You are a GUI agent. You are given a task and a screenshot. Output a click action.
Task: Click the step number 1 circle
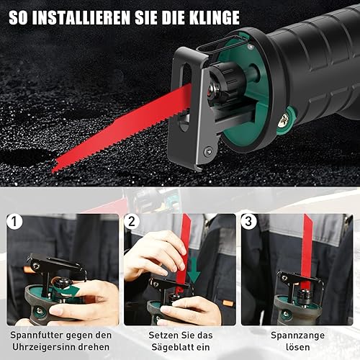coord(14,221)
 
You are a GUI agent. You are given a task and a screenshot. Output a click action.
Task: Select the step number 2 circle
coord(132,221)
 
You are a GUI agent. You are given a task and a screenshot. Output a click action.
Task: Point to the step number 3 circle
coord(249,221)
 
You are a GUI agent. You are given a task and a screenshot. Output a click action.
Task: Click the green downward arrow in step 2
coord(194,274)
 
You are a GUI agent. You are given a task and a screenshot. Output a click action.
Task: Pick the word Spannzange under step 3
coord(297,336)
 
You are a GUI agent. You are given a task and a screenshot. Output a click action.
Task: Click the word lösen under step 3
coord(297,347)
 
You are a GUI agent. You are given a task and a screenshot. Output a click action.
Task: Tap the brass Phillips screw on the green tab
coord(284,120)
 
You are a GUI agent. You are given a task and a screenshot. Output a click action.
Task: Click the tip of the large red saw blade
coord(53,170)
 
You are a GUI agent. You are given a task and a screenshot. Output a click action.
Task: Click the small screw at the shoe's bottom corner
coord(208,151)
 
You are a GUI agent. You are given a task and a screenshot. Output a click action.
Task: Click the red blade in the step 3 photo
coord(306,252)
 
